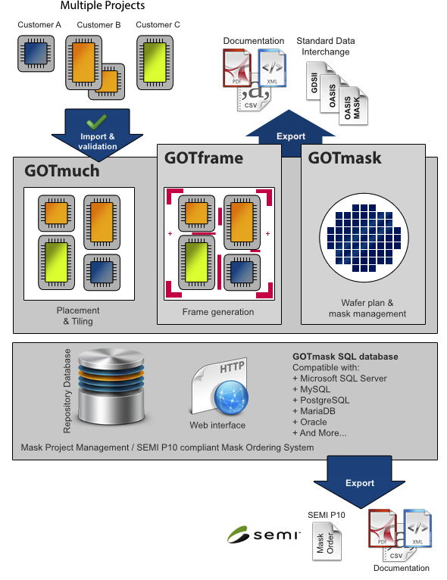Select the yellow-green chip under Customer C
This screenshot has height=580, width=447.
coord(158,57)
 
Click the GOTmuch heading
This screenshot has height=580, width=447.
coord(61,171)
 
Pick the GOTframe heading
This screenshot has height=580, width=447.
coord(205,158)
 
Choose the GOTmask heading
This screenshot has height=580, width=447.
coord(345,158)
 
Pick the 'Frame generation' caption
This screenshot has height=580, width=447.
coord(218,312)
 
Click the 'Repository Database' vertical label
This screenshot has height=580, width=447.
coord(67,391)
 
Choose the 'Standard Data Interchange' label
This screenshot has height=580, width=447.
coord(326,46)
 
